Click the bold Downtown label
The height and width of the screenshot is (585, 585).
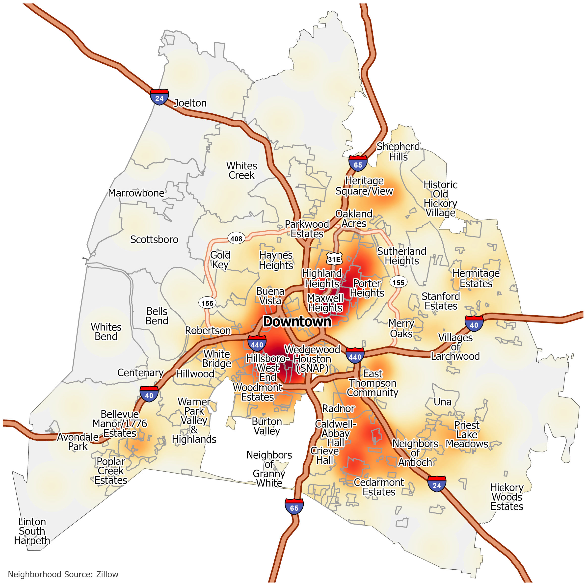tap(297, 321)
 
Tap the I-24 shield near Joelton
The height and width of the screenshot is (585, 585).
tap(159, 97)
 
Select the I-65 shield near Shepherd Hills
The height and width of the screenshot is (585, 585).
tap(358, 163)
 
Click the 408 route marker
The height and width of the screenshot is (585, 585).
tap(236, 239)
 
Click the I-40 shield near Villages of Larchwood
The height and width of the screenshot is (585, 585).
tap(474, 324)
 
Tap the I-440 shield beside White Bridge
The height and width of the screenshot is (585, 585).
tap(257, 343)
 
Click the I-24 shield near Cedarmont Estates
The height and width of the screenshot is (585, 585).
tap(437, 483)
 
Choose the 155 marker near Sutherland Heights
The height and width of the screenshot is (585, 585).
tap(398, 282)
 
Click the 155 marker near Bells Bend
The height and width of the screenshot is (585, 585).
tap(207, 303)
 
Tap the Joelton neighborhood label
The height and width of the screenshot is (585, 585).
tap(190, 103)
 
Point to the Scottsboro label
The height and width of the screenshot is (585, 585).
tap(154, 239)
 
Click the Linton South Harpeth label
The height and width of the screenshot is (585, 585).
tap(32, 531)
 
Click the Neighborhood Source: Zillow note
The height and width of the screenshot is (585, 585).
tap(63, 574)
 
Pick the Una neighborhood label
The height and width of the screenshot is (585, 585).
tap(442, 402)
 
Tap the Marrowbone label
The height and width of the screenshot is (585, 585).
tap(136, 193)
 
